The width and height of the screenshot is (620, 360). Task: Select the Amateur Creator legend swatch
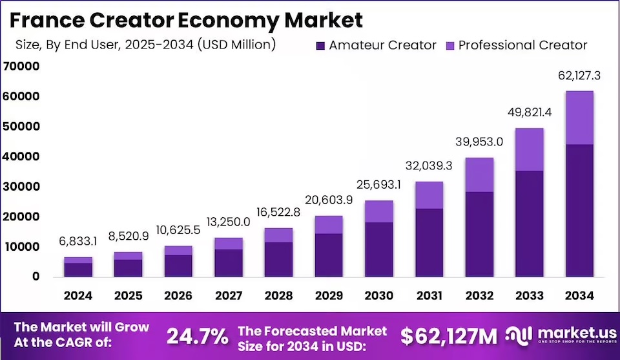[x=321, y=45]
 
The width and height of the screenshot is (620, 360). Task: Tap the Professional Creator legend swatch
[x=451, y=45]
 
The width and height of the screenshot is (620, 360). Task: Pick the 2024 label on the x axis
[x=78, y=295]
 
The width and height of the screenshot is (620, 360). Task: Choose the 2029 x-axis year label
[x=329, y=295]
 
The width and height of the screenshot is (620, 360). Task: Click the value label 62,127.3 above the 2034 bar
[x=579, y=76]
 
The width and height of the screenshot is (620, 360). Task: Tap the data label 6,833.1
[x=78, y=242]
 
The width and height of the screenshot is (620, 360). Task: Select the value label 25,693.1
[x=379, y=185]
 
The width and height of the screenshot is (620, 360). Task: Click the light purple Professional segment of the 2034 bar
[x=579, y=118]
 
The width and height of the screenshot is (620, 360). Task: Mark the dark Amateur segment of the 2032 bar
[x=479, y=234]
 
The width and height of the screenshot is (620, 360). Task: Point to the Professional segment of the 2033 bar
[x=529, y=149]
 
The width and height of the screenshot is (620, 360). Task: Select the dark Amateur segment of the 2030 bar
[x=379, y=249]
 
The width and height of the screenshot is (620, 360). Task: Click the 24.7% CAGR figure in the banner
[x=198, y=336]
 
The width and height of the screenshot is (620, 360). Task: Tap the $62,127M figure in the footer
[x=449, y=336]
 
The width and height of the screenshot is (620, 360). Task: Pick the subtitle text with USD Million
[x=145, y=45]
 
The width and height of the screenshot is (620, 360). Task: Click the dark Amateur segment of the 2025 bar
[x=129, y=268]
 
